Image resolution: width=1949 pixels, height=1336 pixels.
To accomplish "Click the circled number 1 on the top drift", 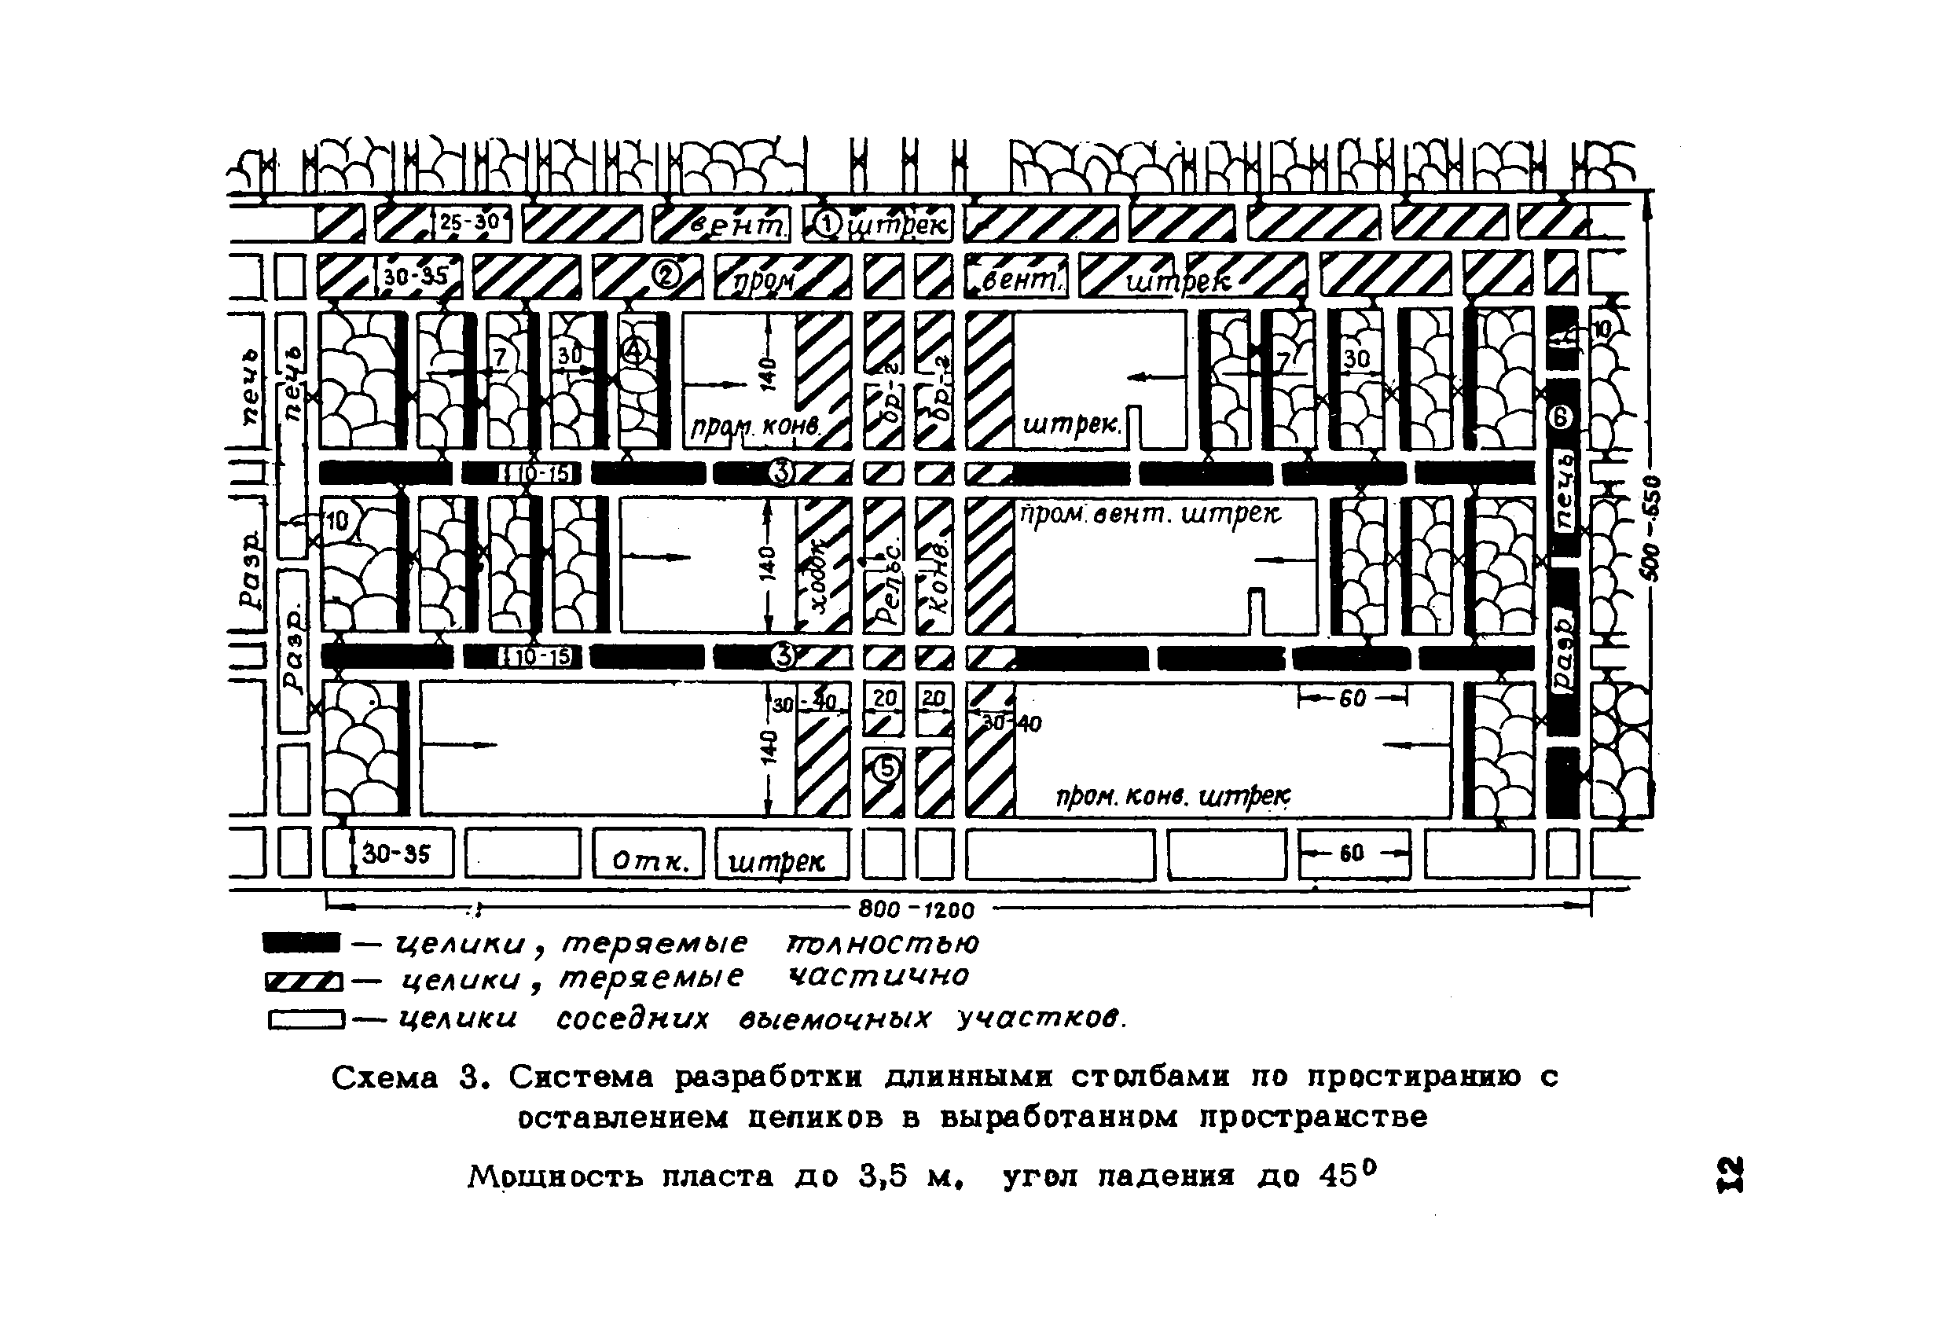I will point(828,224).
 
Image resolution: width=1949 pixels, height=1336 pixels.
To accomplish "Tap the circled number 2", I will point(666,275).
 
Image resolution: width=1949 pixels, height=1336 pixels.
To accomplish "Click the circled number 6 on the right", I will point(1561,417).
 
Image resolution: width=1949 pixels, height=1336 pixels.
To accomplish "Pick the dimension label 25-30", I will point(470,222).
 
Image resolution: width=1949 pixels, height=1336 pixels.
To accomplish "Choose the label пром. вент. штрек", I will point(1149,514).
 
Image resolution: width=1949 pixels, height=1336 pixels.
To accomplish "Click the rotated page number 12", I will point(1729,1174).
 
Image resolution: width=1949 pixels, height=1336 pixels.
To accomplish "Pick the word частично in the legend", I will point(878,976).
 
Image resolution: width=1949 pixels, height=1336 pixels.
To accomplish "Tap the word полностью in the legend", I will point(882,944).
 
